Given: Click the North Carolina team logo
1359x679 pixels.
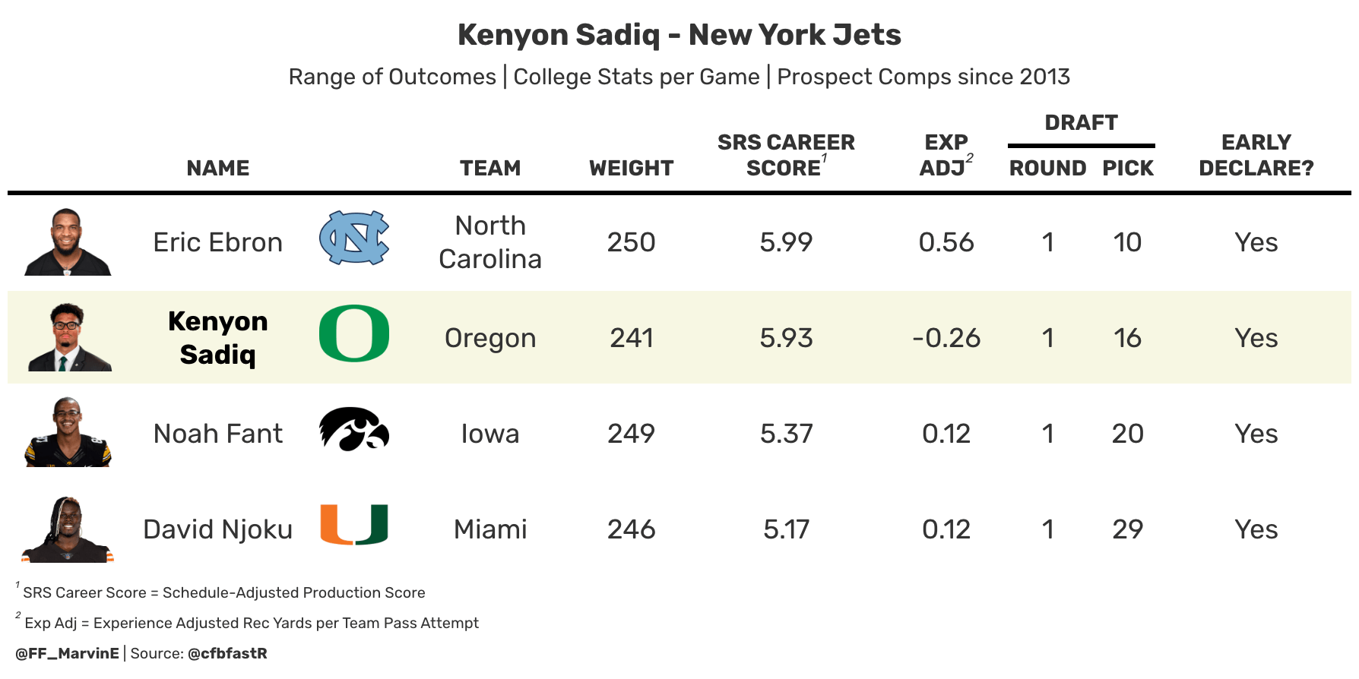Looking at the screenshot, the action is pyautogui.click(x=354, y=238).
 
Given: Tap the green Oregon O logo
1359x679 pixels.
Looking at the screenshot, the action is pyautogui.click(x=354, y=333).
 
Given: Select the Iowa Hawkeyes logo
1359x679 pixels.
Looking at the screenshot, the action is pyautogui.click(x=354, y=429).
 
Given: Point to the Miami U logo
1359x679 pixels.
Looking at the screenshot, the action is pyautogui.click(x=354, y=525).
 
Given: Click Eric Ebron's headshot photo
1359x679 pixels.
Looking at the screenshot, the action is pyautogui.click(x=68, y=242).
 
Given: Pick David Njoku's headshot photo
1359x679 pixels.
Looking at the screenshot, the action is pyautogui.click(x=68, y=529).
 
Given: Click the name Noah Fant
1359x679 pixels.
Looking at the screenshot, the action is pyautogui.click(x=218, y=434).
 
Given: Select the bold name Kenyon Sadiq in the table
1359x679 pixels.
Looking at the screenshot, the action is pyautogui.click(x=218, y=338).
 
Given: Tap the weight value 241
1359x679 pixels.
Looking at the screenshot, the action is pyautogui.click(x=632, y=338).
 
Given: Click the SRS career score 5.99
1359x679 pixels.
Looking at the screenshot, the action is pyautogui.click(x=786, y=242).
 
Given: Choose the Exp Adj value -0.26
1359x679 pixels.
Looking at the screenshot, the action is pyautogui.click(x=946, y=338).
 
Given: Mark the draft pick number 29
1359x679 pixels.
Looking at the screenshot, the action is pyautogui.click(x=1128, y=529).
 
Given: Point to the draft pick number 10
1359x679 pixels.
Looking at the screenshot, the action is pyautogui.click(x=1128, y=242).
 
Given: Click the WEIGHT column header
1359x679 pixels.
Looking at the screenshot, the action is pyautogui.click(x=632, y=168).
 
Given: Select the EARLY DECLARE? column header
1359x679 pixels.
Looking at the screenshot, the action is pyautogui.click(x=1256, y=155).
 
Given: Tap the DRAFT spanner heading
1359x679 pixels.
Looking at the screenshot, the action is pyautogui.click(x=1082, y=122).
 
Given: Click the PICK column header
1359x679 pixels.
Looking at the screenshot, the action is pyautogui.click(x=1128, y=168).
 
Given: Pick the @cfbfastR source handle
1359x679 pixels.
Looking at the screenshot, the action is pyautogui.click(x=227, y=653).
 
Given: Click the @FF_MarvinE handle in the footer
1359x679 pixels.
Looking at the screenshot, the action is pyautogui.click(x=67, y=653).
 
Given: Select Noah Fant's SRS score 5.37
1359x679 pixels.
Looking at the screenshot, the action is pyautogui.click(x=786, y=434).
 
